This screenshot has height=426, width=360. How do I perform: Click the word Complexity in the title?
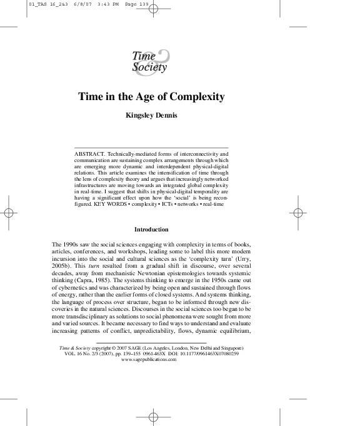pyautogui.click(x=198, y=98)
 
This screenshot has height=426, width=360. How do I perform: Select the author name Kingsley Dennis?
pyautogui.click(x=151, y=116)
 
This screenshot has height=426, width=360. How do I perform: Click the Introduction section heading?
pyautogui.click(x=151, y=230)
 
